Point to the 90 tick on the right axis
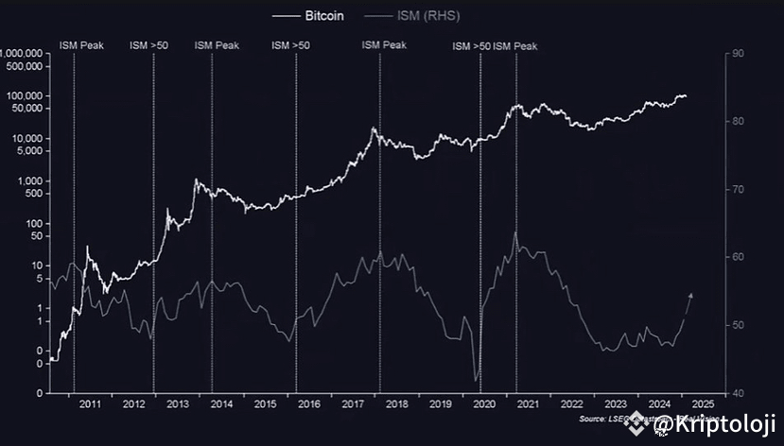pos(734,54)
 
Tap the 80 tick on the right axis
pos(734,122)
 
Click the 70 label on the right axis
pos(734,190)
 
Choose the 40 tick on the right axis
pos(734,393)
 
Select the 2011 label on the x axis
pos(90,404)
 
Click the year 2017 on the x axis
pos(353,404)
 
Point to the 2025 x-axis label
pos(703,404)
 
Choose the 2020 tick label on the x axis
pos(484,404)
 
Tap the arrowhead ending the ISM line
pos(691,296)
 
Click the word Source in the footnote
pos(593,418)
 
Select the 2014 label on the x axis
pos(221,404)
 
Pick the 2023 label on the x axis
pos(616,404)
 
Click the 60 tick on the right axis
pos(734,258)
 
